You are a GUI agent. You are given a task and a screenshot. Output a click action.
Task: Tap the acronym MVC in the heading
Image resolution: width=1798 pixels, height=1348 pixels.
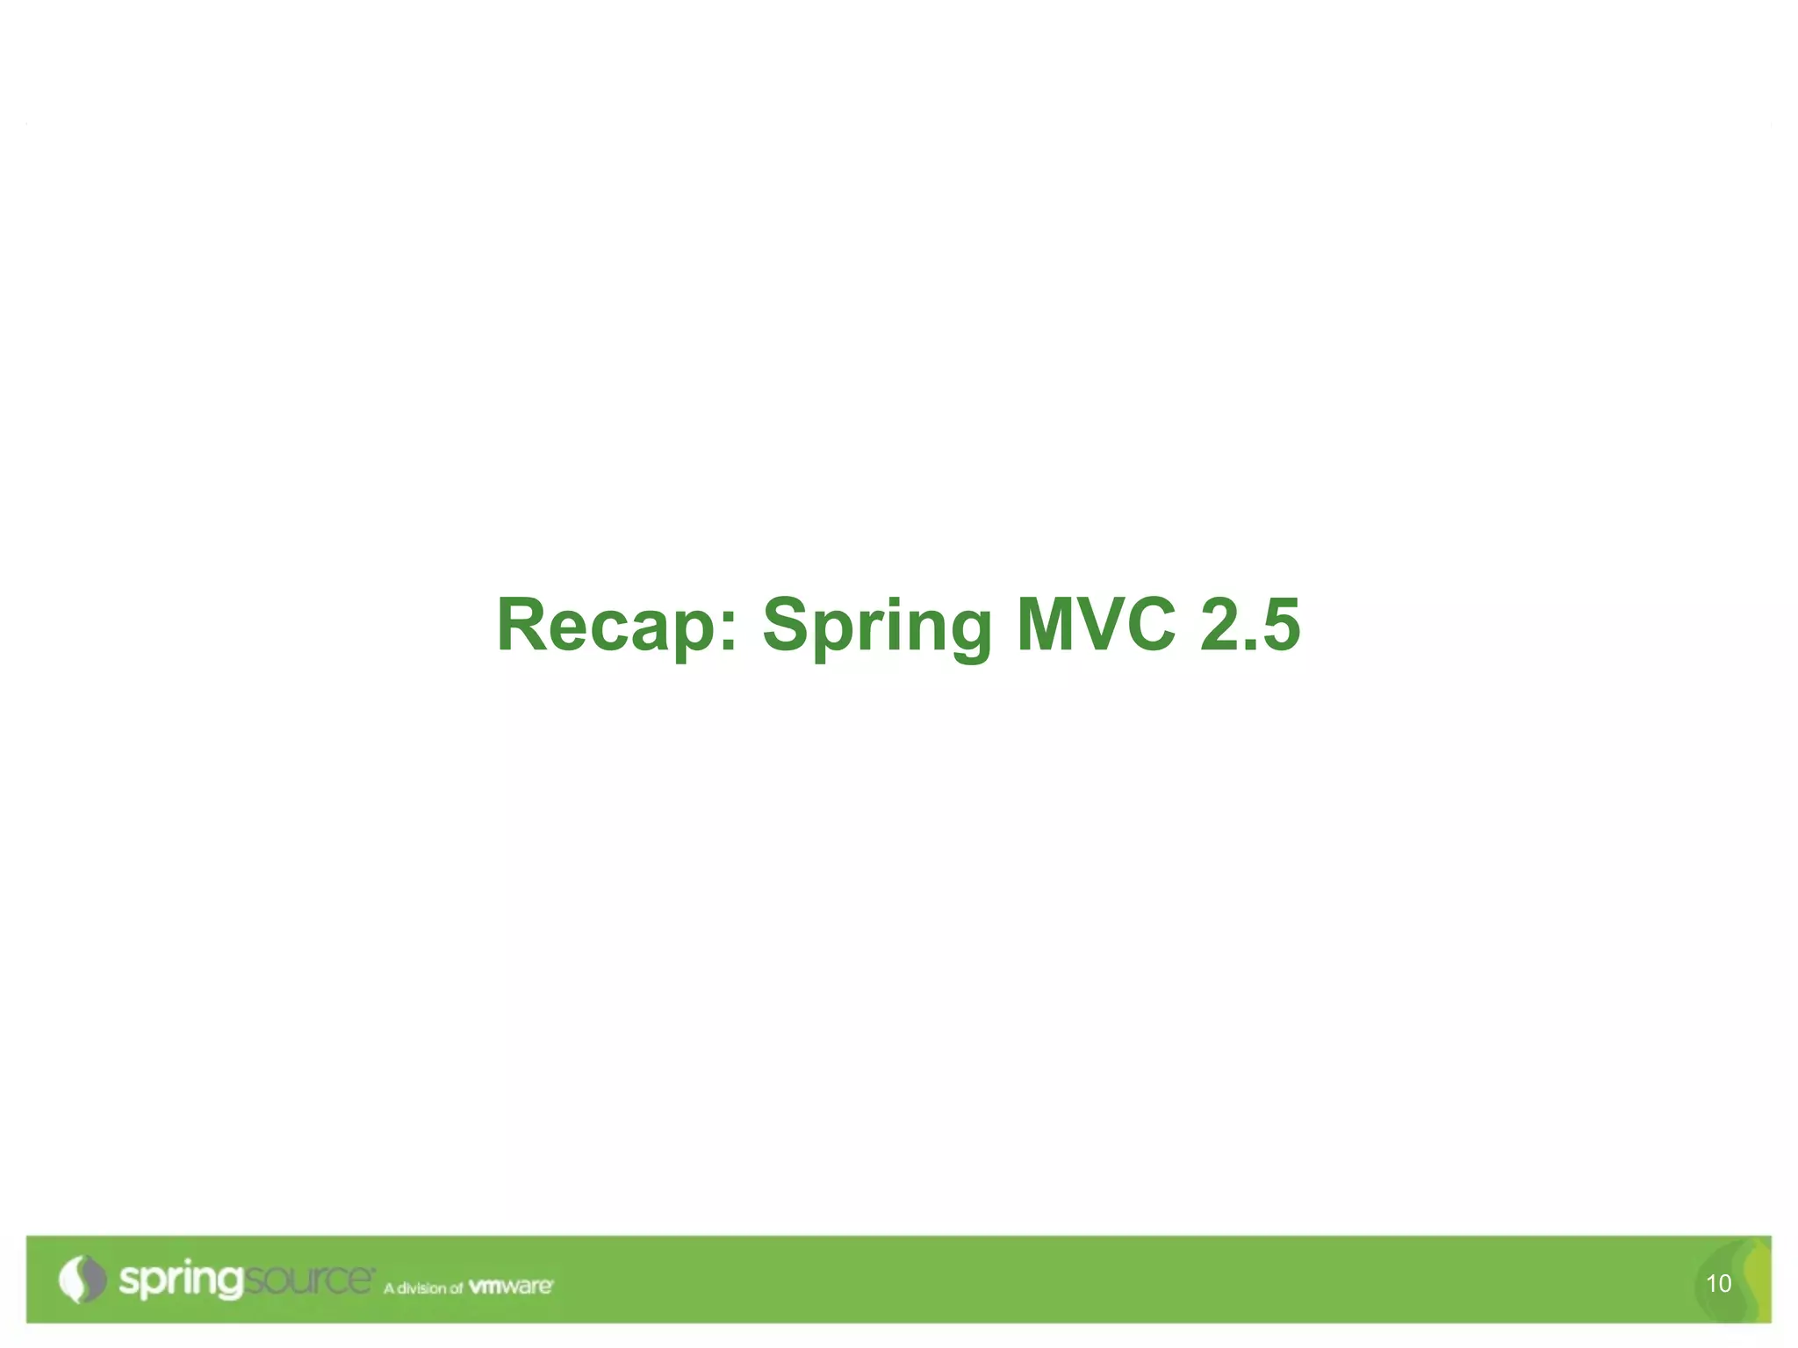[x=1096, y=625]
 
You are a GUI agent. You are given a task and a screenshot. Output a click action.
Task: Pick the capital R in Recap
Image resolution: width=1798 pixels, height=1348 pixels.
[x=526, y=625]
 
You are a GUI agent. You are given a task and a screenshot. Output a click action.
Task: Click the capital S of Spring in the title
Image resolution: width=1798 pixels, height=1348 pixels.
[x=785, y=625]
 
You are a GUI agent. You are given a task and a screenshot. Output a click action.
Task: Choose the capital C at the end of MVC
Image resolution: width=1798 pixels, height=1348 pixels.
[x=1151, y=625]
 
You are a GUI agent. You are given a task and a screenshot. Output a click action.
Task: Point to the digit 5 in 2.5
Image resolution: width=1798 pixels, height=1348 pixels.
[x=1278, y=625]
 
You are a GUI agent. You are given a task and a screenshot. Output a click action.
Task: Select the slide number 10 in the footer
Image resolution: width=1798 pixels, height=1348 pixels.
[x=1718, y=1284]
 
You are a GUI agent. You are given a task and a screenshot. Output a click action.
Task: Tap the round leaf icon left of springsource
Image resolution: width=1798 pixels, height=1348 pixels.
[x=83, y=1280]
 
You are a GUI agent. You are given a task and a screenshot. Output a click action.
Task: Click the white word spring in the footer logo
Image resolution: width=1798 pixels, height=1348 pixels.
[x=180, y=1280]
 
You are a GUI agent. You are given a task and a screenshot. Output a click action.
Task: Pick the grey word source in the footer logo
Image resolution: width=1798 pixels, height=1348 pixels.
[x=307, y=1280]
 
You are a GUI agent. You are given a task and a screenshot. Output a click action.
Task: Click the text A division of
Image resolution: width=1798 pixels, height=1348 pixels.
[x=422, y=1288]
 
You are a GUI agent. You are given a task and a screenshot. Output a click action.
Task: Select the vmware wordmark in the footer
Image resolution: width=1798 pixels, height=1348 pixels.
[x=510, y=1287]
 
